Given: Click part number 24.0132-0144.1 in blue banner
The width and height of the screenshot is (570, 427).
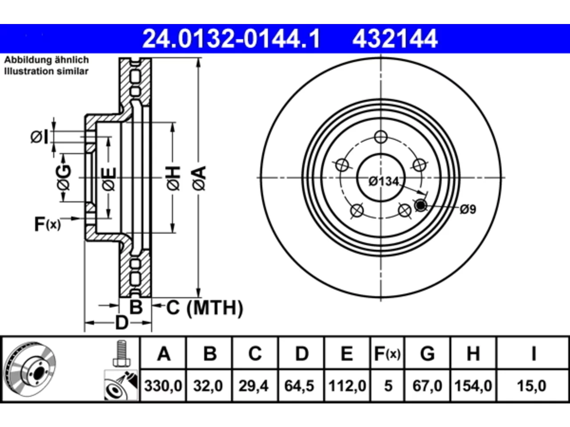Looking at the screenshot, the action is tap(232, 39).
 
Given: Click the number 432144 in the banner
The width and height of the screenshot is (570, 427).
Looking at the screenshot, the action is tap(395, 39).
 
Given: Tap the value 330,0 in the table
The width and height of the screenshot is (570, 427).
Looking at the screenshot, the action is tap(163, 386).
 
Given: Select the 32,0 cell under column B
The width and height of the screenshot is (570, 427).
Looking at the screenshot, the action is tap(208, 386).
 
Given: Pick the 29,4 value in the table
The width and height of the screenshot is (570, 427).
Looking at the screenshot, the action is tap(253, 386).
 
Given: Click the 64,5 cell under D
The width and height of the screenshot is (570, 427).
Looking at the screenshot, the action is tap(299, 386).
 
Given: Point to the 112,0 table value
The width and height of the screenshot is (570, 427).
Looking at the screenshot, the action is tap(347, 386).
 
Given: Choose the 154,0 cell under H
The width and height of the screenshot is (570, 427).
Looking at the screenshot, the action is tap(473, 386).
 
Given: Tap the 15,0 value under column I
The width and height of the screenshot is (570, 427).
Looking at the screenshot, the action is tap(532, 386).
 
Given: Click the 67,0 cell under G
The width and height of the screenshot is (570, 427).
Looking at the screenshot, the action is tap(427, 386).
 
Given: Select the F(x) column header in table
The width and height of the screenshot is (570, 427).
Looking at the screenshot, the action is tap(387, 354).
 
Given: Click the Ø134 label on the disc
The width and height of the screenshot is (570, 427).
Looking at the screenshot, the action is tap(383, 181).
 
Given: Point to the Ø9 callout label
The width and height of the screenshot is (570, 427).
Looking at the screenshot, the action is tap(468, 209).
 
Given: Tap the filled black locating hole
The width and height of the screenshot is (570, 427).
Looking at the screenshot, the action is tap(420, 205).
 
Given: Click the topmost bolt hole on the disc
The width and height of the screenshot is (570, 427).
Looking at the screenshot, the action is tap(381, 137).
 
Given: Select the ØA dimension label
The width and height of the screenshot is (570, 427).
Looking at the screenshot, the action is tap(199, 178).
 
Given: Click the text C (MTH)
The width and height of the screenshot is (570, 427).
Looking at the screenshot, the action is tap(205, 308).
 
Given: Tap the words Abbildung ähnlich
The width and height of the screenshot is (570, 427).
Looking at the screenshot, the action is tap(46, 60).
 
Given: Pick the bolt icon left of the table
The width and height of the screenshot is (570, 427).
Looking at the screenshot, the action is tap(122, 353).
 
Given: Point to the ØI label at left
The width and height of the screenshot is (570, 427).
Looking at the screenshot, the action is tap(40, 137).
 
